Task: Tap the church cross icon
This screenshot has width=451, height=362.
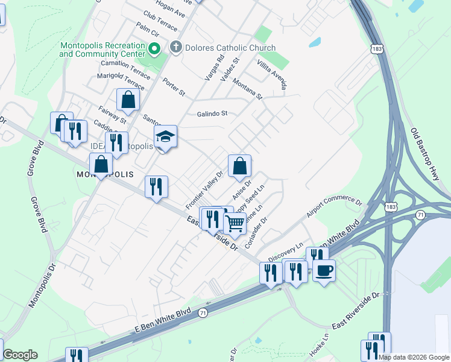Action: pyautogui.click(x=176, y=47)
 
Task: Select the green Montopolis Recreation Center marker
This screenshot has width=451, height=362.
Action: pyautogui.click(x=154, y=48)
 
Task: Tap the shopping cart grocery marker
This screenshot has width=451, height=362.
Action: pyautogui.click(x=235, y=223)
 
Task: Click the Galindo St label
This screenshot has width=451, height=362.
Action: pyautogui.click(x=212, y=113)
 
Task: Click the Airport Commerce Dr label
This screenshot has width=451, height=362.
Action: pyautogui.click(x=333, y=206)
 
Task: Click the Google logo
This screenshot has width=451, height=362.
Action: pyautogui.click(x=20, y=355)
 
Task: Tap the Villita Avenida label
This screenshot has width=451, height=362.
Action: pyautogui.click(x=271, y=72)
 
